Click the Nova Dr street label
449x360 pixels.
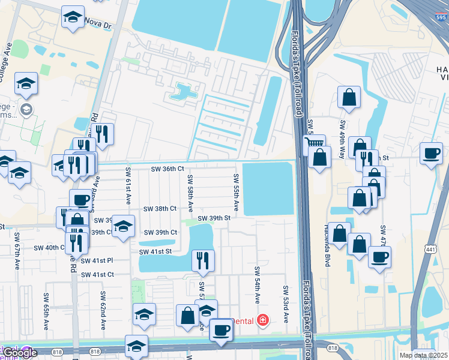[99, 26]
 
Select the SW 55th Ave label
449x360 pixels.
[237, 192]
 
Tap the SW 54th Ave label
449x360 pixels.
[257, 286]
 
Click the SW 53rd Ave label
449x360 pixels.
[286, 304]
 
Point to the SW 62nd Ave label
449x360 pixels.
[103, 311]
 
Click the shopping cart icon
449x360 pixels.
[314, 143]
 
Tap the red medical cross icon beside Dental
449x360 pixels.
[262, 321]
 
